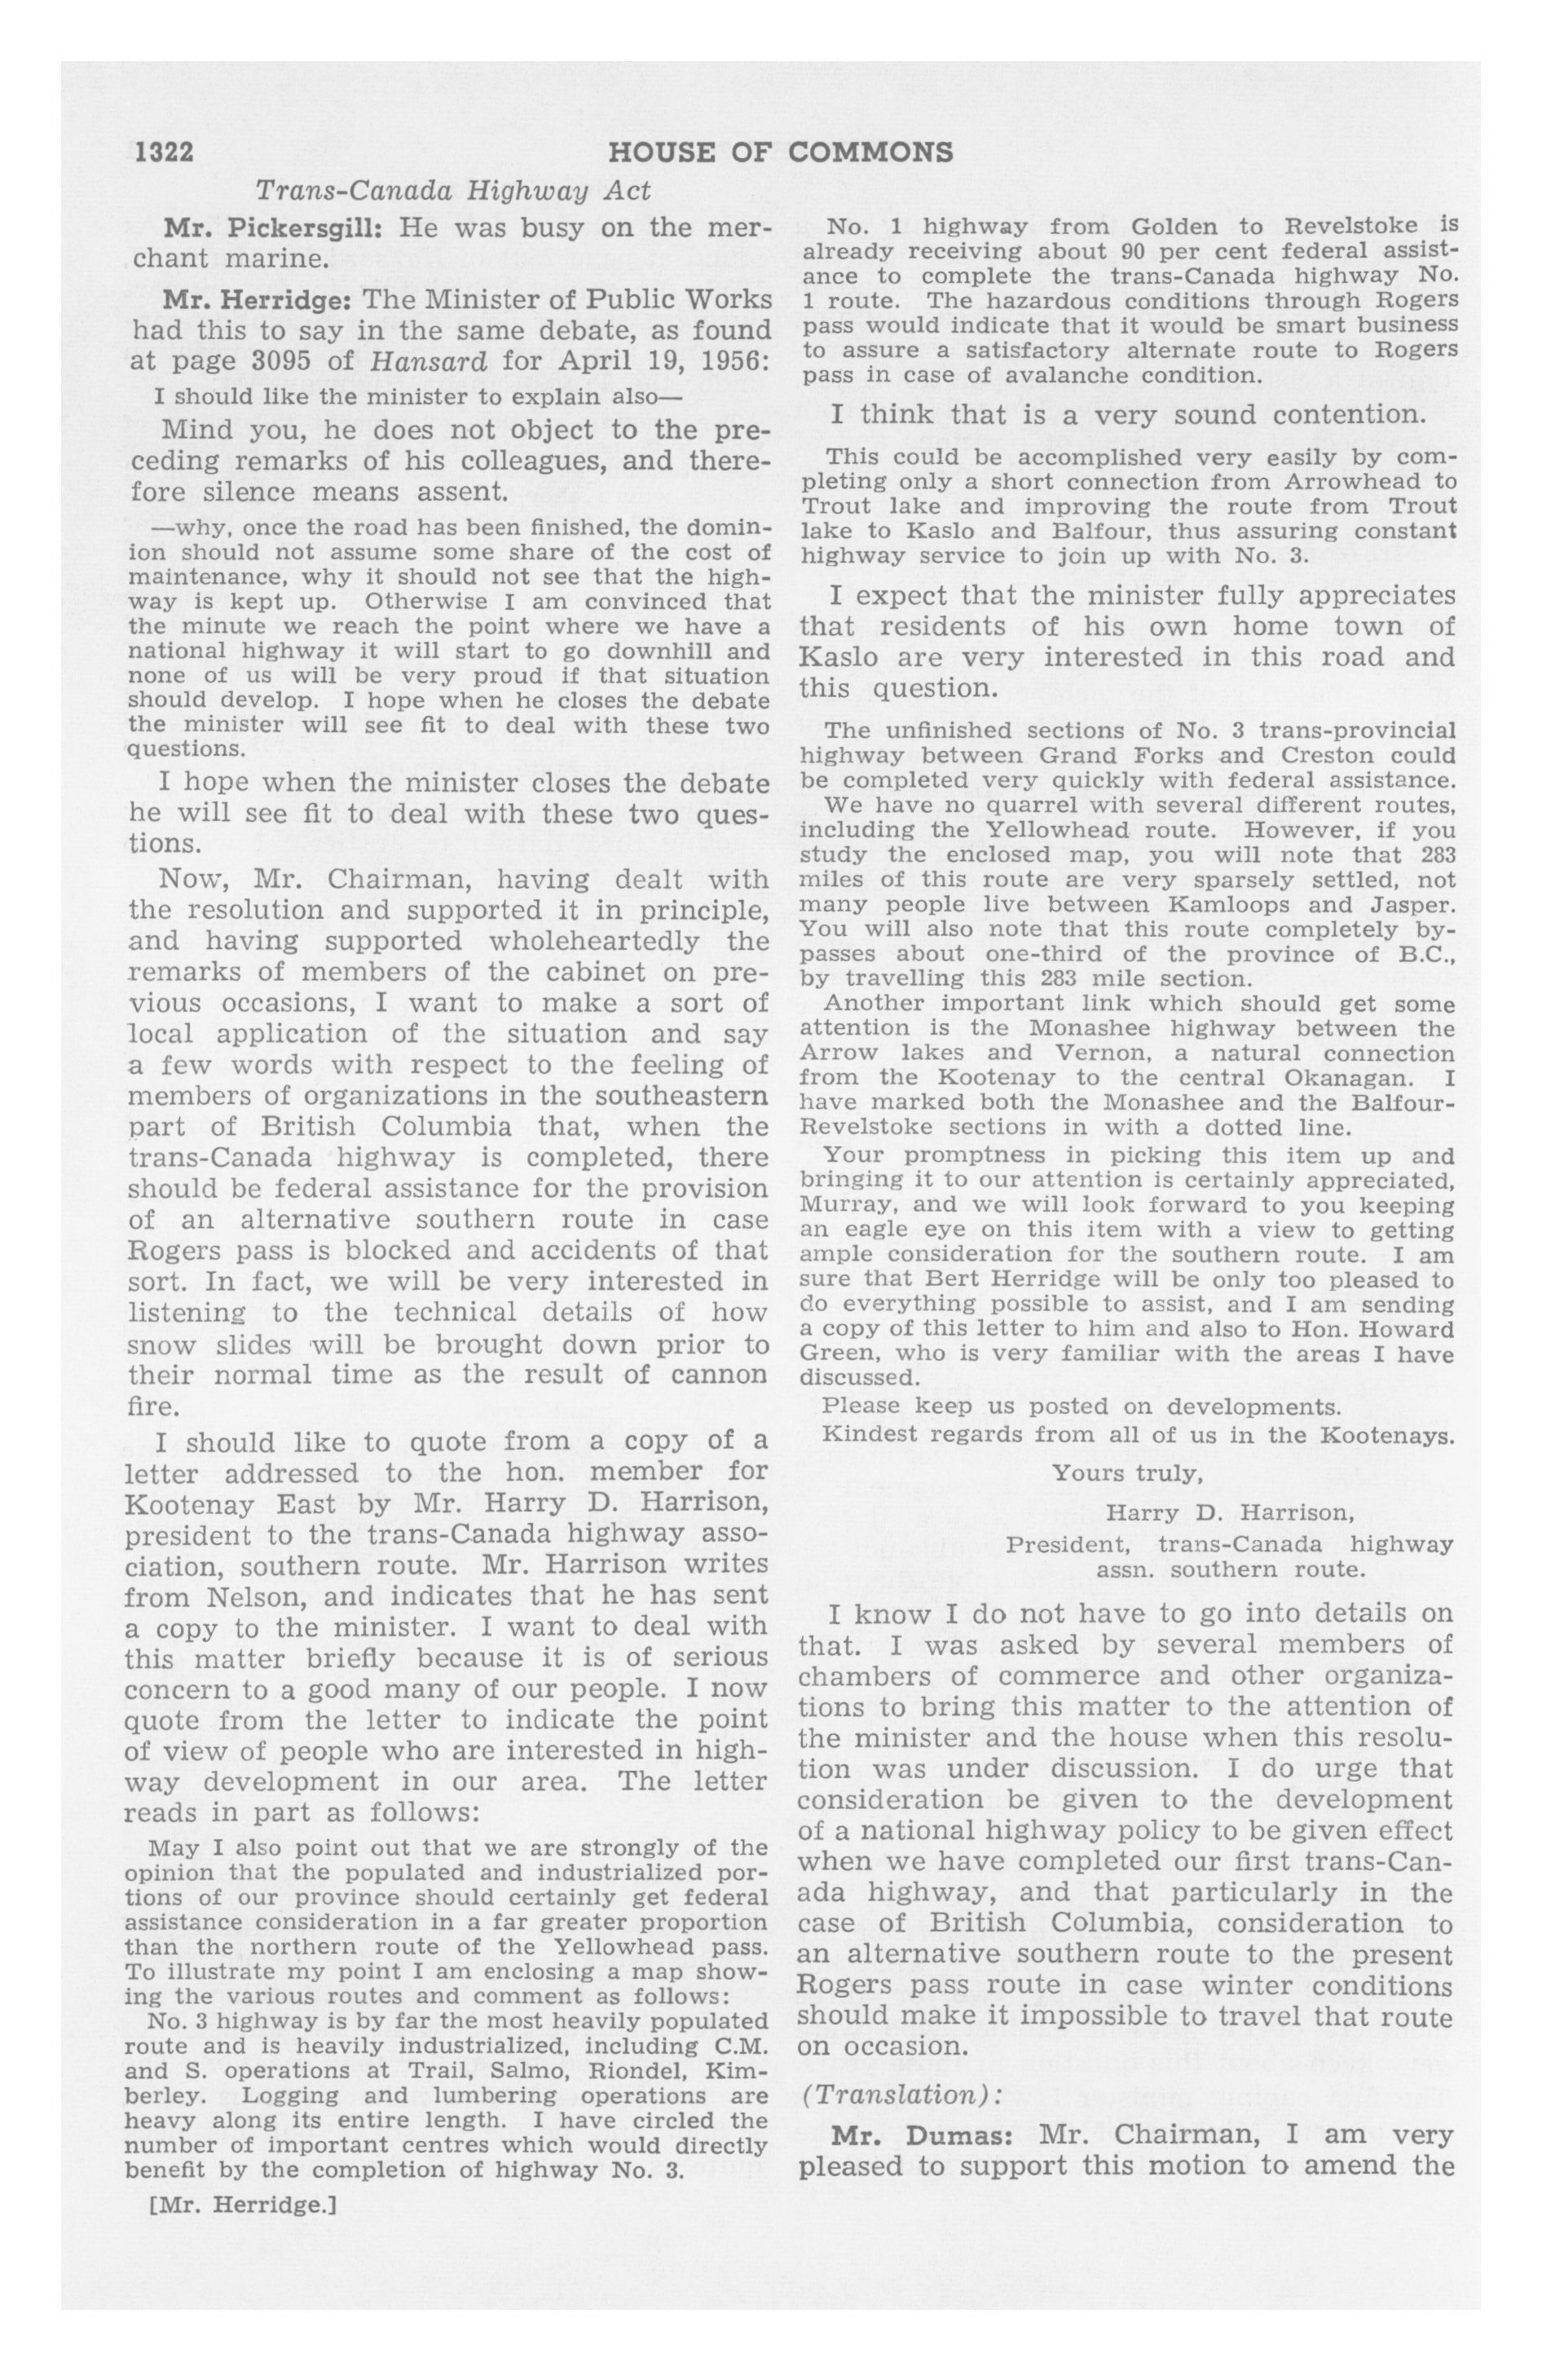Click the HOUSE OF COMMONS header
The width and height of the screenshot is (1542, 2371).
pos(780,152)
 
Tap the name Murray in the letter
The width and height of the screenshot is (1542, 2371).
pos(839,1204)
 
